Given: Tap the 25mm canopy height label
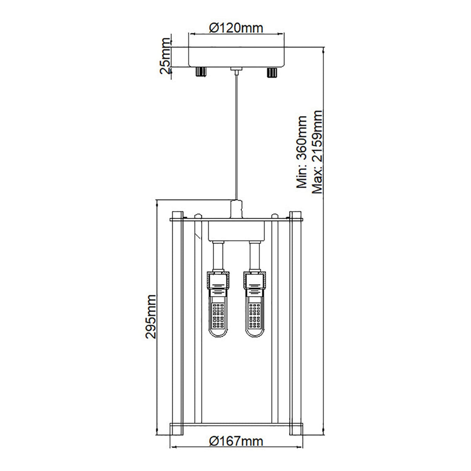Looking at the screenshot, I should point(165,56).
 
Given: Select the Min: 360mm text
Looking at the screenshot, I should point(301,152).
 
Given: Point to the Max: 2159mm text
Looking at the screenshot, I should point(316,152).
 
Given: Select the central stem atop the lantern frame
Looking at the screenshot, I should point(236,208).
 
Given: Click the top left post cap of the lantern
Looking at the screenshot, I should point(177,215).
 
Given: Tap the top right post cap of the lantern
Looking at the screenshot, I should point(296,215).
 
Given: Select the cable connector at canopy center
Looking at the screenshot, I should point(236,70).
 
